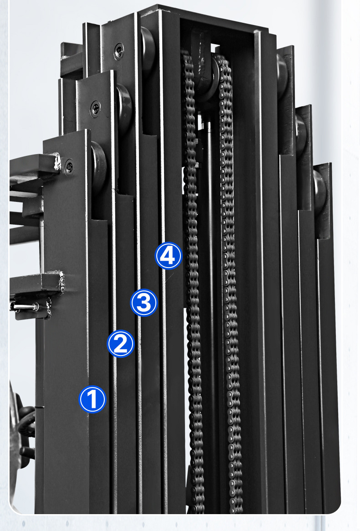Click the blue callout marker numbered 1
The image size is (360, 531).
pyautogui.click(x=93, y=399)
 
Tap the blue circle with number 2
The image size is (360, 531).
pyautogui.click(x=121, y=344)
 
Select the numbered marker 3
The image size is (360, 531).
pyautogui.click(x=144, y=302)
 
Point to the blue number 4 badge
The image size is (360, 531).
pyautogui.click(x=168, y=256)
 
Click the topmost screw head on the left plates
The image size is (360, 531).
pyautogui.click(x=118, y=51)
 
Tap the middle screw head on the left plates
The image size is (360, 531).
pyautogui.click(x=96, y=108)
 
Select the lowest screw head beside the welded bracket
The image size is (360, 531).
pyautogui.click(x=69, y=167)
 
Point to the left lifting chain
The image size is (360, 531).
pyautogui.click(x=193, y=281)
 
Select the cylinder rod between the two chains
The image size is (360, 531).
pyautogui.click(x=209, y=271)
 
